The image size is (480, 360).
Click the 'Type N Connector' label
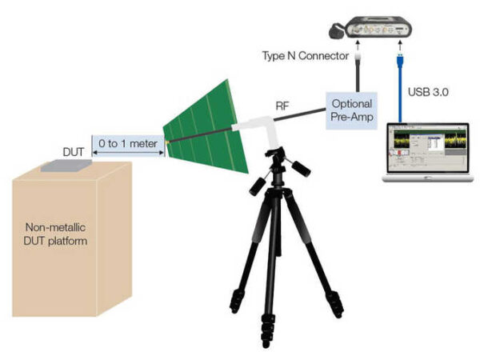click(x=306, y=56)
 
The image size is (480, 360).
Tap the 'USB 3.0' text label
click(x=428, y=92)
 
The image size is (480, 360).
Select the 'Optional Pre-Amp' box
click(x=351, y=110)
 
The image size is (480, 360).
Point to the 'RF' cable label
click(x=282, y=106)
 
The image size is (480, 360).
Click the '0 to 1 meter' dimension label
click(x=128, y=143)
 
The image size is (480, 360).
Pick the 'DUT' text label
click(x=73, y=152)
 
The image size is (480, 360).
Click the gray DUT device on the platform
click(x=66, y=166)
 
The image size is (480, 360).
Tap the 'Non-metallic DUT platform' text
click(x=55, y=234)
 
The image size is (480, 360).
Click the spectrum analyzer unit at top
click(x=370, y=27)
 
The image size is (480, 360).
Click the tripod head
click(x=278, y=167)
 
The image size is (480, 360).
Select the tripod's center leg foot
click(x=267, y=341)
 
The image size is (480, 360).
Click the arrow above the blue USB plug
click(x=400, y=45)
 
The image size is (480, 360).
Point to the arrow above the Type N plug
click(x=357, y=45)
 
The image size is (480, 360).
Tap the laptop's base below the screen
click(x=428, y=178)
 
